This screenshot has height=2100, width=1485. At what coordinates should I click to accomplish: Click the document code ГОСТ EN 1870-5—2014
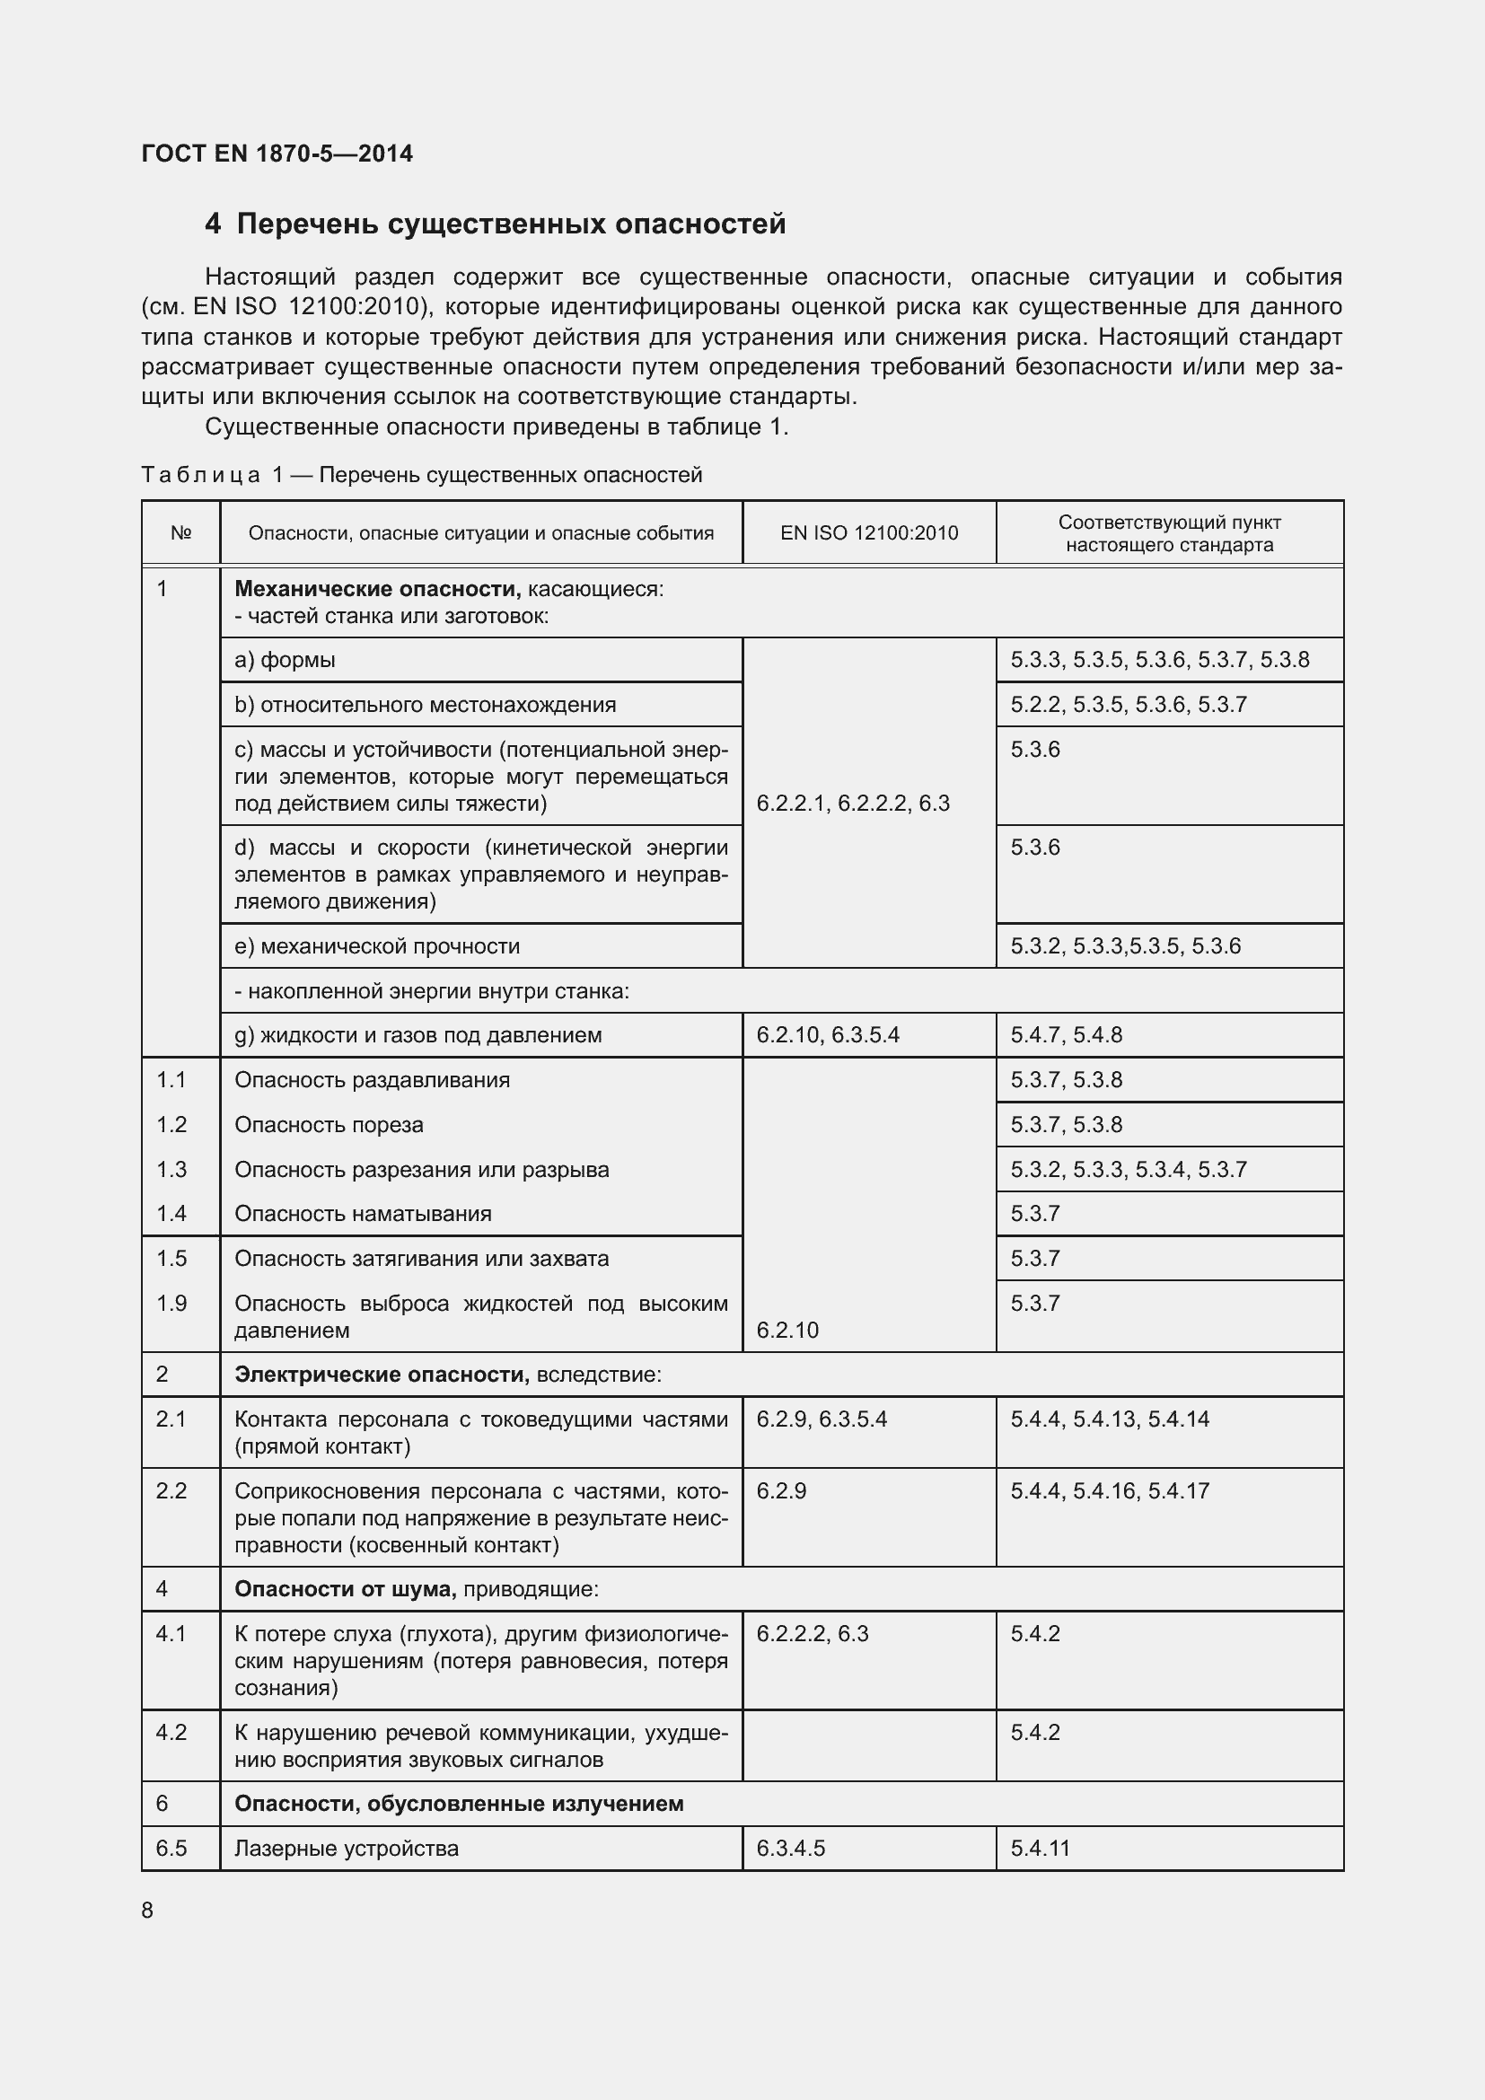point(277,154)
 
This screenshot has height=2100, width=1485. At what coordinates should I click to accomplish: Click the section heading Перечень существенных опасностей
point(510,224)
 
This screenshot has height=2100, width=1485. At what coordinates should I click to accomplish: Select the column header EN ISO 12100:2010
point(869,533)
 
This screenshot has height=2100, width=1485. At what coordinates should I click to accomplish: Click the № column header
point(181,533)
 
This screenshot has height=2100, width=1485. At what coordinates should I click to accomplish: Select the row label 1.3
point(171,1170)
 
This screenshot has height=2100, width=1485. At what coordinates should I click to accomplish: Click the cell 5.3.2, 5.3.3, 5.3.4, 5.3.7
point(1129,1170)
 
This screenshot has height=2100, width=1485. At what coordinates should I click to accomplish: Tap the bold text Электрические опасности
point(382,1375)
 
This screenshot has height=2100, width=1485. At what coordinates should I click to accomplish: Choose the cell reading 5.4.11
point(1040,1849)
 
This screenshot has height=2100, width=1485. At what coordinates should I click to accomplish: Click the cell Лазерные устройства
point(347,1849)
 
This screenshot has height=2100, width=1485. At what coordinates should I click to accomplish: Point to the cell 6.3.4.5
point(791,1849)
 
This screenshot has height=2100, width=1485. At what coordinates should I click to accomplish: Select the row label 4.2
point(171,1732)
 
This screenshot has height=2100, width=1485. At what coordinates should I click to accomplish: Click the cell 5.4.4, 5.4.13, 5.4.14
point(1109,1419)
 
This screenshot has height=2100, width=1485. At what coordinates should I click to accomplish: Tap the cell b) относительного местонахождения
point(426,705)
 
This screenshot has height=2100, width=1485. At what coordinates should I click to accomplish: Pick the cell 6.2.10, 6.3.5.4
point(828,1035)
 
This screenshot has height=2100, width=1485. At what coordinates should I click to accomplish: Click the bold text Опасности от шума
point(345,1589)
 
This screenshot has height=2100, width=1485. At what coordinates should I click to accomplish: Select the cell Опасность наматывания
point(363,1214)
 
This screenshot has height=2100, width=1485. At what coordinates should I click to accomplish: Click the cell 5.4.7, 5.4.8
point(1067,1035)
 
